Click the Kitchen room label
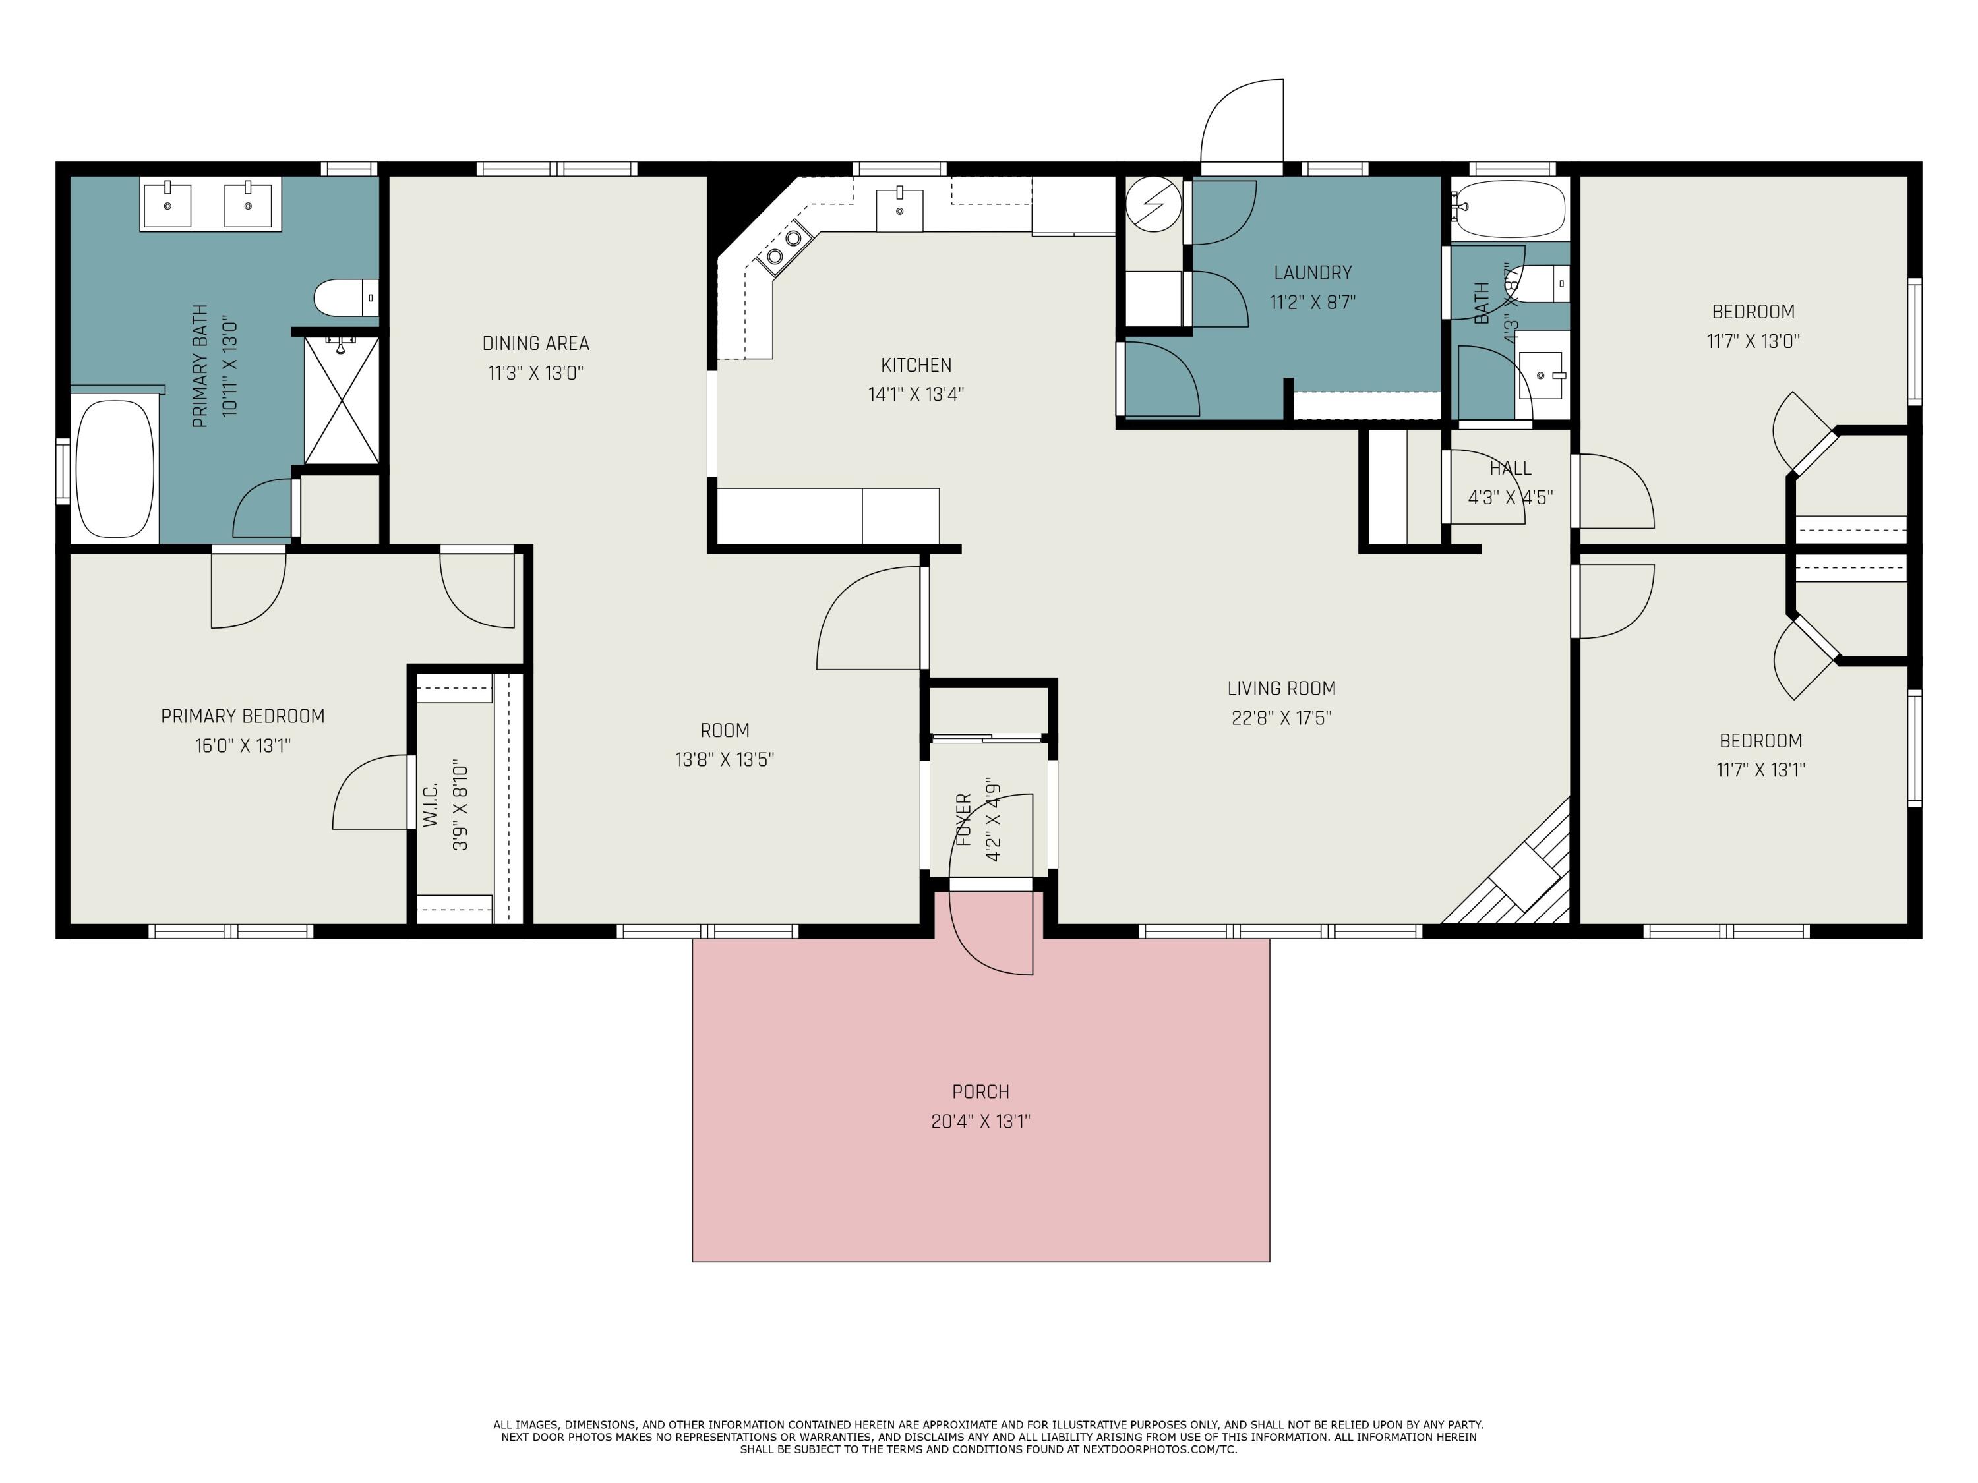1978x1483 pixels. pos(916,364)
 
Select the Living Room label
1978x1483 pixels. pos(1281,688)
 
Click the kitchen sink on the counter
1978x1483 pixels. pos(899,209)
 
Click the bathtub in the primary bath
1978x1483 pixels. pos(115,469)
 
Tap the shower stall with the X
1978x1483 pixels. pos(342,399)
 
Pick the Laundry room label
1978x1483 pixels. pos(1313,273)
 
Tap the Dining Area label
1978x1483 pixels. pos(535,343)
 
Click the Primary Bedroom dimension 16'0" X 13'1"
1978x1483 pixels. pos(243,745)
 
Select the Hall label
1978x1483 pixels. pos(1511,467)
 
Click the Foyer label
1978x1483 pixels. pos(963,820)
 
